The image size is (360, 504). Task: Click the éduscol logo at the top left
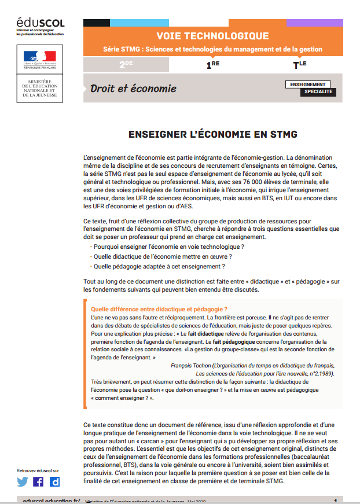40,24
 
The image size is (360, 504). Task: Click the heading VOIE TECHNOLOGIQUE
212,36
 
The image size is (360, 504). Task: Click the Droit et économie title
133,89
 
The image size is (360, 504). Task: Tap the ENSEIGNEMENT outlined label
308,84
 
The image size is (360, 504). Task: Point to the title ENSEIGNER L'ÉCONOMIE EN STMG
212,135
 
